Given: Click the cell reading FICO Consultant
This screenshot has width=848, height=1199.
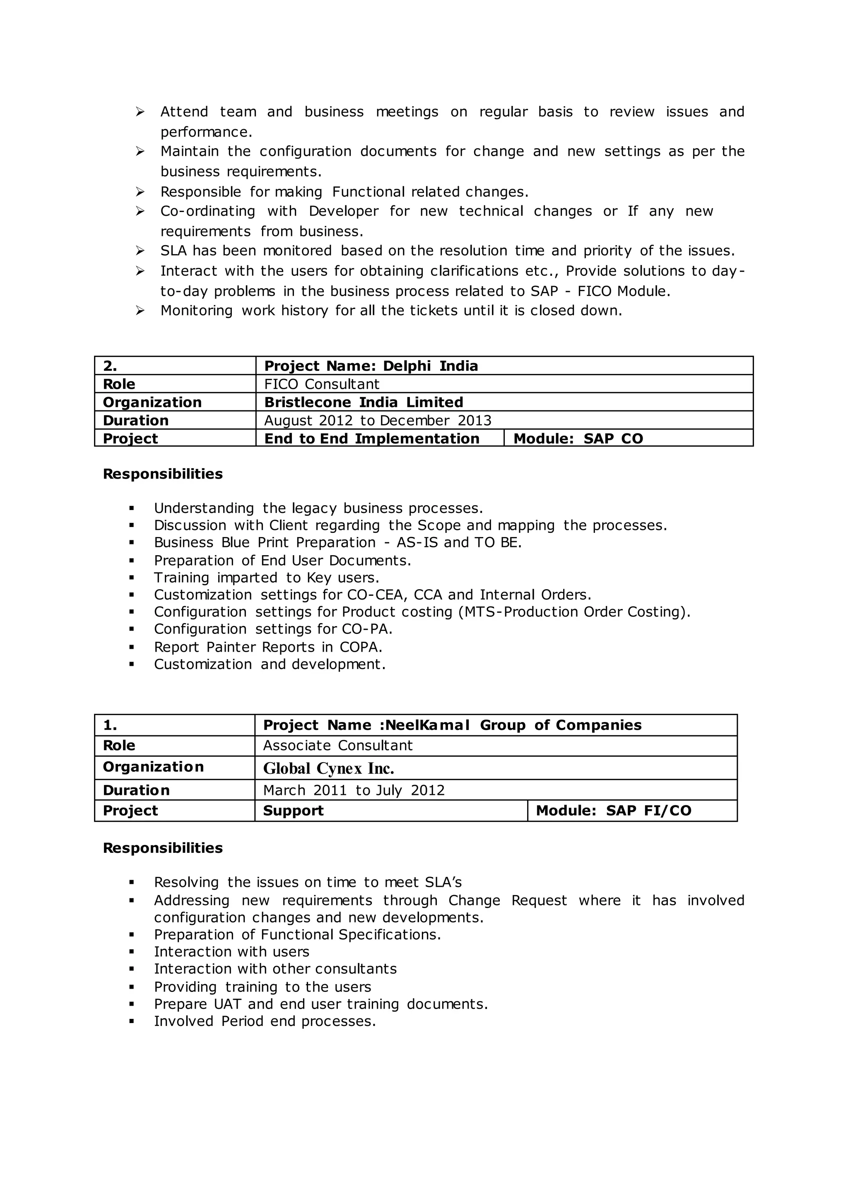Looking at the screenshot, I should point(322,384).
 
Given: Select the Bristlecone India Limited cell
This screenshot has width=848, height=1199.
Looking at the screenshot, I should point(364,402).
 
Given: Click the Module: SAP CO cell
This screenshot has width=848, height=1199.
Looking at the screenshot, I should point(578,439).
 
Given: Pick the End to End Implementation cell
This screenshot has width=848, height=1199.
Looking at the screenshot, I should point(371,439).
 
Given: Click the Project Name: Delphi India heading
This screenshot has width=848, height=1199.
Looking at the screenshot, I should point(371,366).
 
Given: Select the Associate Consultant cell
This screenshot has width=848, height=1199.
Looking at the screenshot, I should point(337,745).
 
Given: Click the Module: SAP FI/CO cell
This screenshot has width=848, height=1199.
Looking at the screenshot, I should point(613,811).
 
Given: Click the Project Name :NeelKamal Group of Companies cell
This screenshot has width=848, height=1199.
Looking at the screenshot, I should point(452,725).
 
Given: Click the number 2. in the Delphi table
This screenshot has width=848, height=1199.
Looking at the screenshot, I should point(110,366).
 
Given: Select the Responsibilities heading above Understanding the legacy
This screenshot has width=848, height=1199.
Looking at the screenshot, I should point(162,474).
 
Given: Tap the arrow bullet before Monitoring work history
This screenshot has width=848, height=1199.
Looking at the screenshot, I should point(140,311).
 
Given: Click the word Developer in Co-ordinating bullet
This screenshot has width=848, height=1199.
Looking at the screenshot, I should point(344,211).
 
